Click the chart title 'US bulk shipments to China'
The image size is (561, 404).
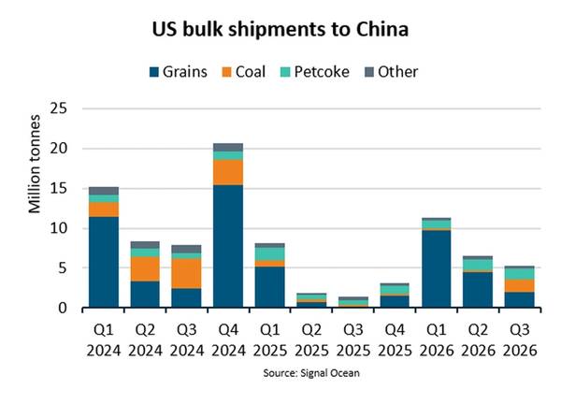(280, 29)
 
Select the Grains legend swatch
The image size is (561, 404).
(154, 72)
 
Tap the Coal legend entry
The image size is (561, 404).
(244, 72)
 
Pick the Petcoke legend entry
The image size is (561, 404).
(314, 72)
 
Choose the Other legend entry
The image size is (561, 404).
(391, 72)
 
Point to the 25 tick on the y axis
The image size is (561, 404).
(59, 108)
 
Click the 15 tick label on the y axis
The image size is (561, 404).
(59, 188)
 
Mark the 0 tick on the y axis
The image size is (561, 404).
(63, 308)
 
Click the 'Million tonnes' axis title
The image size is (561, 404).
(35, 164)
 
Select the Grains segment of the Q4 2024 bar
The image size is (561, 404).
(228, 246)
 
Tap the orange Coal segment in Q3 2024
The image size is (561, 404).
(186, 273)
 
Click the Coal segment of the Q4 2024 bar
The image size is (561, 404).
(228, 172)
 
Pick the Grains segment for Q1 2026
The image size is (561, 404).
(436, 268)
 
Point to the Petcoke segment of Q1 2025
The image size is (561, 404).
(270, 253)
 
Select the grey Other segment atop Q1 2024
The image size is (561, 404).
(104, 191)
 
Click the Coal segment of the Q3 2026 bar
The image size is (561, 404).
(520, 285)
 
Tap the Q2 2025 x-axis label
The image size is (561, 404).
(311, 340)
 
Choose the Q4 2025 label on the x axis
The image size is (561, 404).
(395, 340)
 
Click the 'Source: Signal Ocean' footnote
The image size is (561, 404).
(311, 373)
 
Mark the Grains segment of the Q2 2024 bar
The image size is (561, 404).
(145, 295)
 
